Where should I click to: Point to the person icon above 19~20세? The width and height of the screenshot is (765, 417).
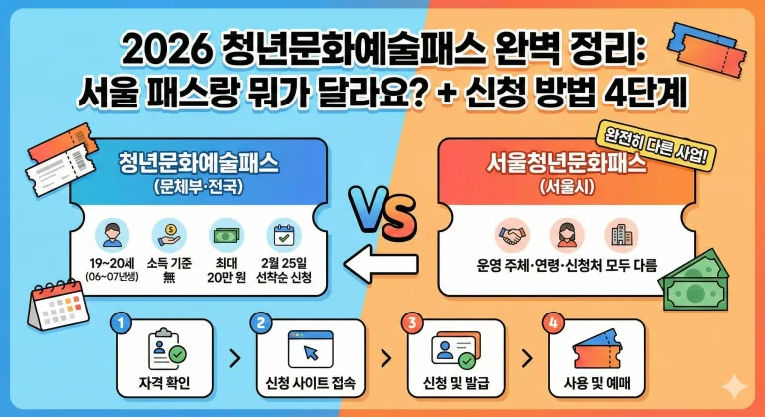point(110,236)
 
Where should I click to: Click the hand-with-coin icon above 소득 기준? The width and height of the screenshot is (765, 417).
point(169,236)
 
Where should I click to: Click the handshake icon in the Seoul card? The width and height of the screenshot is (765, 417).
point(514,235)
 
